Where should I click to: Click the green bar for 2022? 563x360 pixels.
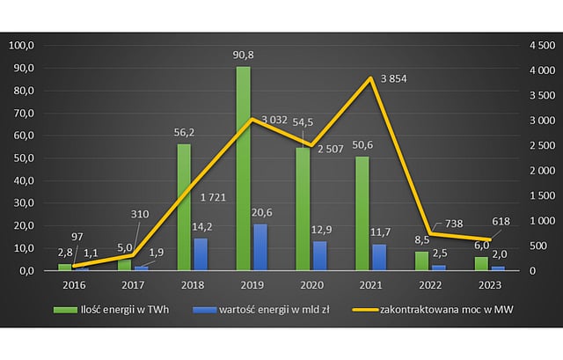[420, 261]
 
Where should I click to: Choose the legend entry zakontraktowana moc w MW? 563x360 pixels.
[445, 309]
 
